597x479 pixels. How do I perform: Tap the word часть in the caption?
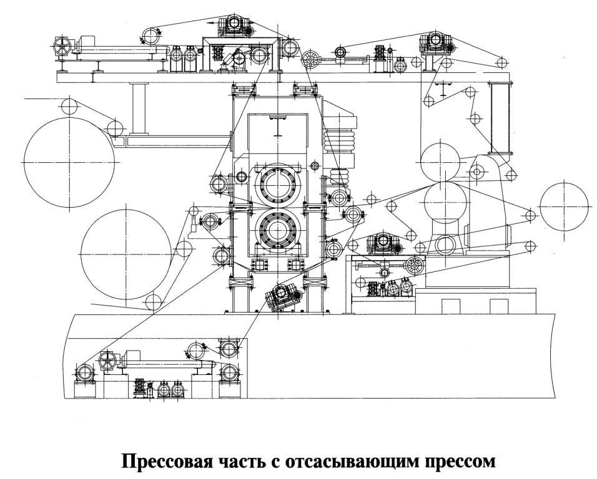244,461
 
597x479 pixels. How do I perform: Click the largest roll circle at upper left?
69,117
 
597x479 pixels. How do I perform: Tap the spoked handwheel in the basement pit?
107,360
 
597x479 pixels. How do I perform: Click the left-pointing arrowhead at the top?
210,23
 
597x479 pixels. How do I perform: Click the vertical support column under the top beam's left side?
139,109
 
